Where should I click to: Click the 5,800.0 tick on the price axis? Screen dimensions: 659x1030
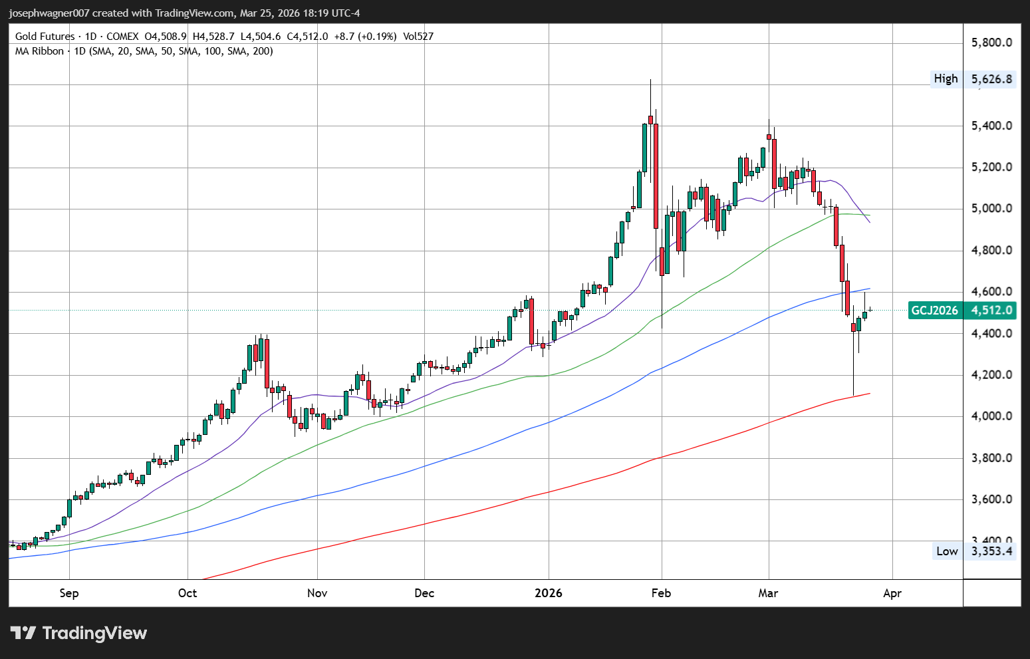991,43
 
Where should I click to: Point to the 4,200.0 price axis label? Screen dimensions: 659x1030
991,375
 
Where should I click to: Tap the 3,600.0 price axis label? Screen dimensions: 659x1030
991,499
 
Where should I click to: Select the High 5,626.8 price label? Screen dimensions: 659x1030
973,79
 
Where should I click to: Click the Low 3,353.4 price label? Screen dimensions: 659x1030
975,551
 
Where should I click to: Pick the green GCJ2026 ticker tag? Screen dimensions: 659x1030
934,311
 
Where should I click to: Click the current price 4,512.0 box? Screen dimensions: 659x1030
991,311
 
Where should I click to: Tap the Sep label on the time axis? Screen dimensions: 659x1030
69,593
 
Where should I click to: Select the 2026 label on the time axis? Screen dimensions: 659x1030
549,593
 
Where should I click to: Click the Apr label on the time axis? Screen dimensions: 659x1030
892,593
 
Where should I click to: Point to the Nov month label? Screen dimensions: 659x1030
317,593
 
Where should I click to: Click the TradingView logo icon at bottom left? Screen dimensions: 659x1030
23,632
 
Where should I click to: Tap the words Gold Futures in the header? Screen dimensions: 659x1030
45,37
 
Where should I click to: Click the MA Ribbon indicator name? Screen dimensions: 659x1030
39,51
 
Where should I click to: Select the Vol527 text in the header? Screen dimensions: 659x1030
418,37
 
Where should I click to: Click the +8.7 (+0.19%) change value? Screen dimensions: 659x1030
368,37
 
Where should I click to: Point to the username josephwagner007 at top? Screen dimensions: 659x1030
49,13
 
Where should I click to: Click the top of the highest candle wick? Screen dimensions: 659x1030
650,80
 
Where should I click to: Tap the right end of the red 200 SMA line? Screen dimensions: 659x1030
870,394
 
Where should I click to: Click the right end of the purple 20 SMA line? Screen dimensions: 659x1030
870,222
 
